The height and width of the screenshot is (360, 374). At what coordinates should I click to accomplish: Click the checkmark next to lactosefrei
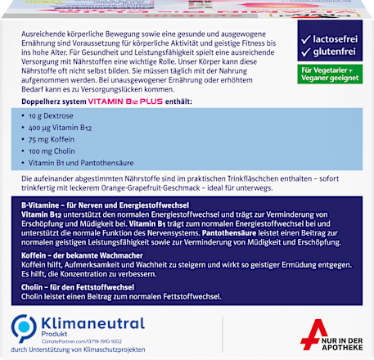(x=304, y=39)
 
